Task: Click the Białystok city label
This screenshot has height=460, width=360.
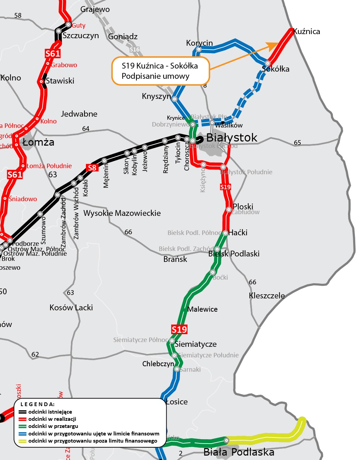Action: (232, 138)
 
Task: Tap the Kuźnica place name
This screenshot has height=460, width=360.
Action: (306, 32)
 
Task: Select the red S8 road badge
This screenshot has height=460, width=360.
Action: (92, 167)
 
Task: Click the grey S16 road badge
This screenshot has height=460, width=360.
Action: (135, 49)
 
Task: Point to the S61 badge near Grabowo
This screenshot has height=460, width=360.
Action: (52, 54)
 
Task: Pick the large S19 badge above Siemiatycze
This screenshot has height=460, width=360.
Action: (179, 329)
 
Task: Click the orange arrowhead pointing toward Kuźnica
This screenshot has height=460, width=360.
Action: (274, 46)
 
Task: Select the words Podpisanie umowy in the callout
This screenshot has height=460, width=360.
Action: (155, 76)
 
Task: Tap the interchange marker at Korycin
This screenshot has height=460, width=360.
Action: (199, 49)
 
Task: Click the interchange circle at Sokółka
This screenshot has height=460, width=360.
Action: (268, 63)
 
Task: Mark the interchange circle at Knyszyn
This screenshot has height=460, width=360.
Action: (175, 99)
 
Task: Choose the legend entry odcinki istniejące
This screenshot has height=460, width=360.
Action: (50, 412)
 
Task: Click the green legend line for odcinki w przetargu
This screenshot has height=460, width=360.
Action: (22, 426)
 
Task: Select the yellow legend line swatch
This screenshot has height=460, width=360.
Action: (22, 441)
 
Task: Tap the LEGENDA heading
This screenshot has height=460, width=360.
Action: (37, 404)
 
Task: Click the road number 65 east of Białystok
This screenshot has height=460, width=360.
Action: (298, 143)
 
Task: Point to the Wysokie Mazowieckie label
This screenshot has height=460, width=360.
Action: (122, 213)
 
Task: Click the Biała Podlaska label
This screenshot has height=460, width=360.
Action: (239, 452)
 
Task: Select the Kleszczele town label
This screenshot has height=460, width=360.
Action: (267, 296)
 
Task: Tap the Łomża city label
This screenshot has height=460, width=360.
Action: (39, 142)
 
